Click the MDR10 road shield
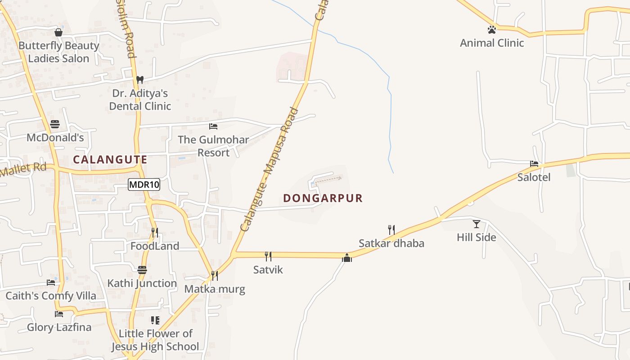[x=144, y=184]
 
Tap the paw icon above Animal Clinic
[x=492, y=30]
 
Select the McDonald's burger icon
[x=55, y=124]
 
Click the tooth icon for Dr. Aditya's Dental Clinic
[x=140, y=80]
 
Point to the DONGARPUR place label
[x=323, y=198]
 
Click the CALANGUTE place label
[x=110, y=160]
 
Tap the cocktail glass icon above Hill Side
[x=477, y=224]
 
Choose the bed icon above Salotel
[x=534, y=164]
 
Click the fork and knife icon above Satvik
[x=268, y=256]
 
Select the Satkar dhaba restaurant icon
[x=391, y=230]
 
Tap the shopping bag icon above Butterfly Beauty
[x=58, y=32]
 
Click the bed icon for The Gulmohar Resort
[x=213, y=126]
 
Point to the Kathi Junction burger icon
[x=142, y=270]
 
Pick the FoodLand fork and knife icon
[x=155, y=233]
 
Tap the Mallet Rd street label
[x=23, y=170]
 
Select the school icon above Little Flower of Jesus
[x=155, y=320]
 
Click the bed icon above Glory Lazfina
[x=59, y=314]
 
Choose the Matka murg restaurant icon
[x=215, y=275]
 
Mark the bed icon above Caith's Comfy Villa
[x=51, y=283]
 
